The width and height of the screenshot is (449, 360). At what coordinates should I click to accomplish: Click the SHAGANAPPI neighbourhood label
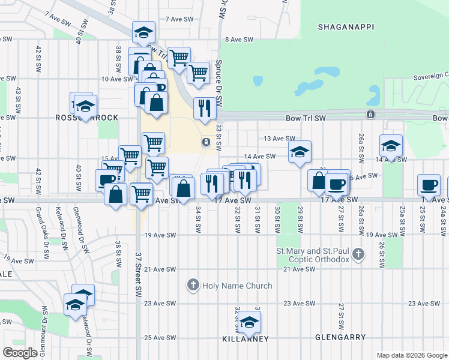pos(341,27)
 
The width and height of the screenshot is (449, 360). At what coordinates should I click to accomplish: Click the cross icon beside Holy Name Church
pos(193,285)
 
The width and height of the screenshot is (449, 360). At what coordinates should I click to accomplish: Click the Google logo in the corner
pos(20,353)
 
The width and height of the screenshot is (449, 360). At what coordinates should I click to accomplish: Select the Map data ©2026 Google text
pos(411,355)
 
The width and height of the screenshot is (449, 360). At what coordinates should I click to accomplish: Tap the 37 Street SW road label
pos(137,282)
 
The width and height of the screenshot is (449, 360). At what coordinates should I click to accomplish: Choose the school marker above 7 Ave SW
pos(144,32)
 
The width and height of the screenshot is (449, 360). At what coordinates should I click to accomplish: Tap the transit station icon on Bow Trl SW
pos(371,114)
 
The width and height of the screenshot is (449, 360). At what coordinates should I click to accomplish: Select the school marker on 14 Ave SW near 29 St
pos(300,152)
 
